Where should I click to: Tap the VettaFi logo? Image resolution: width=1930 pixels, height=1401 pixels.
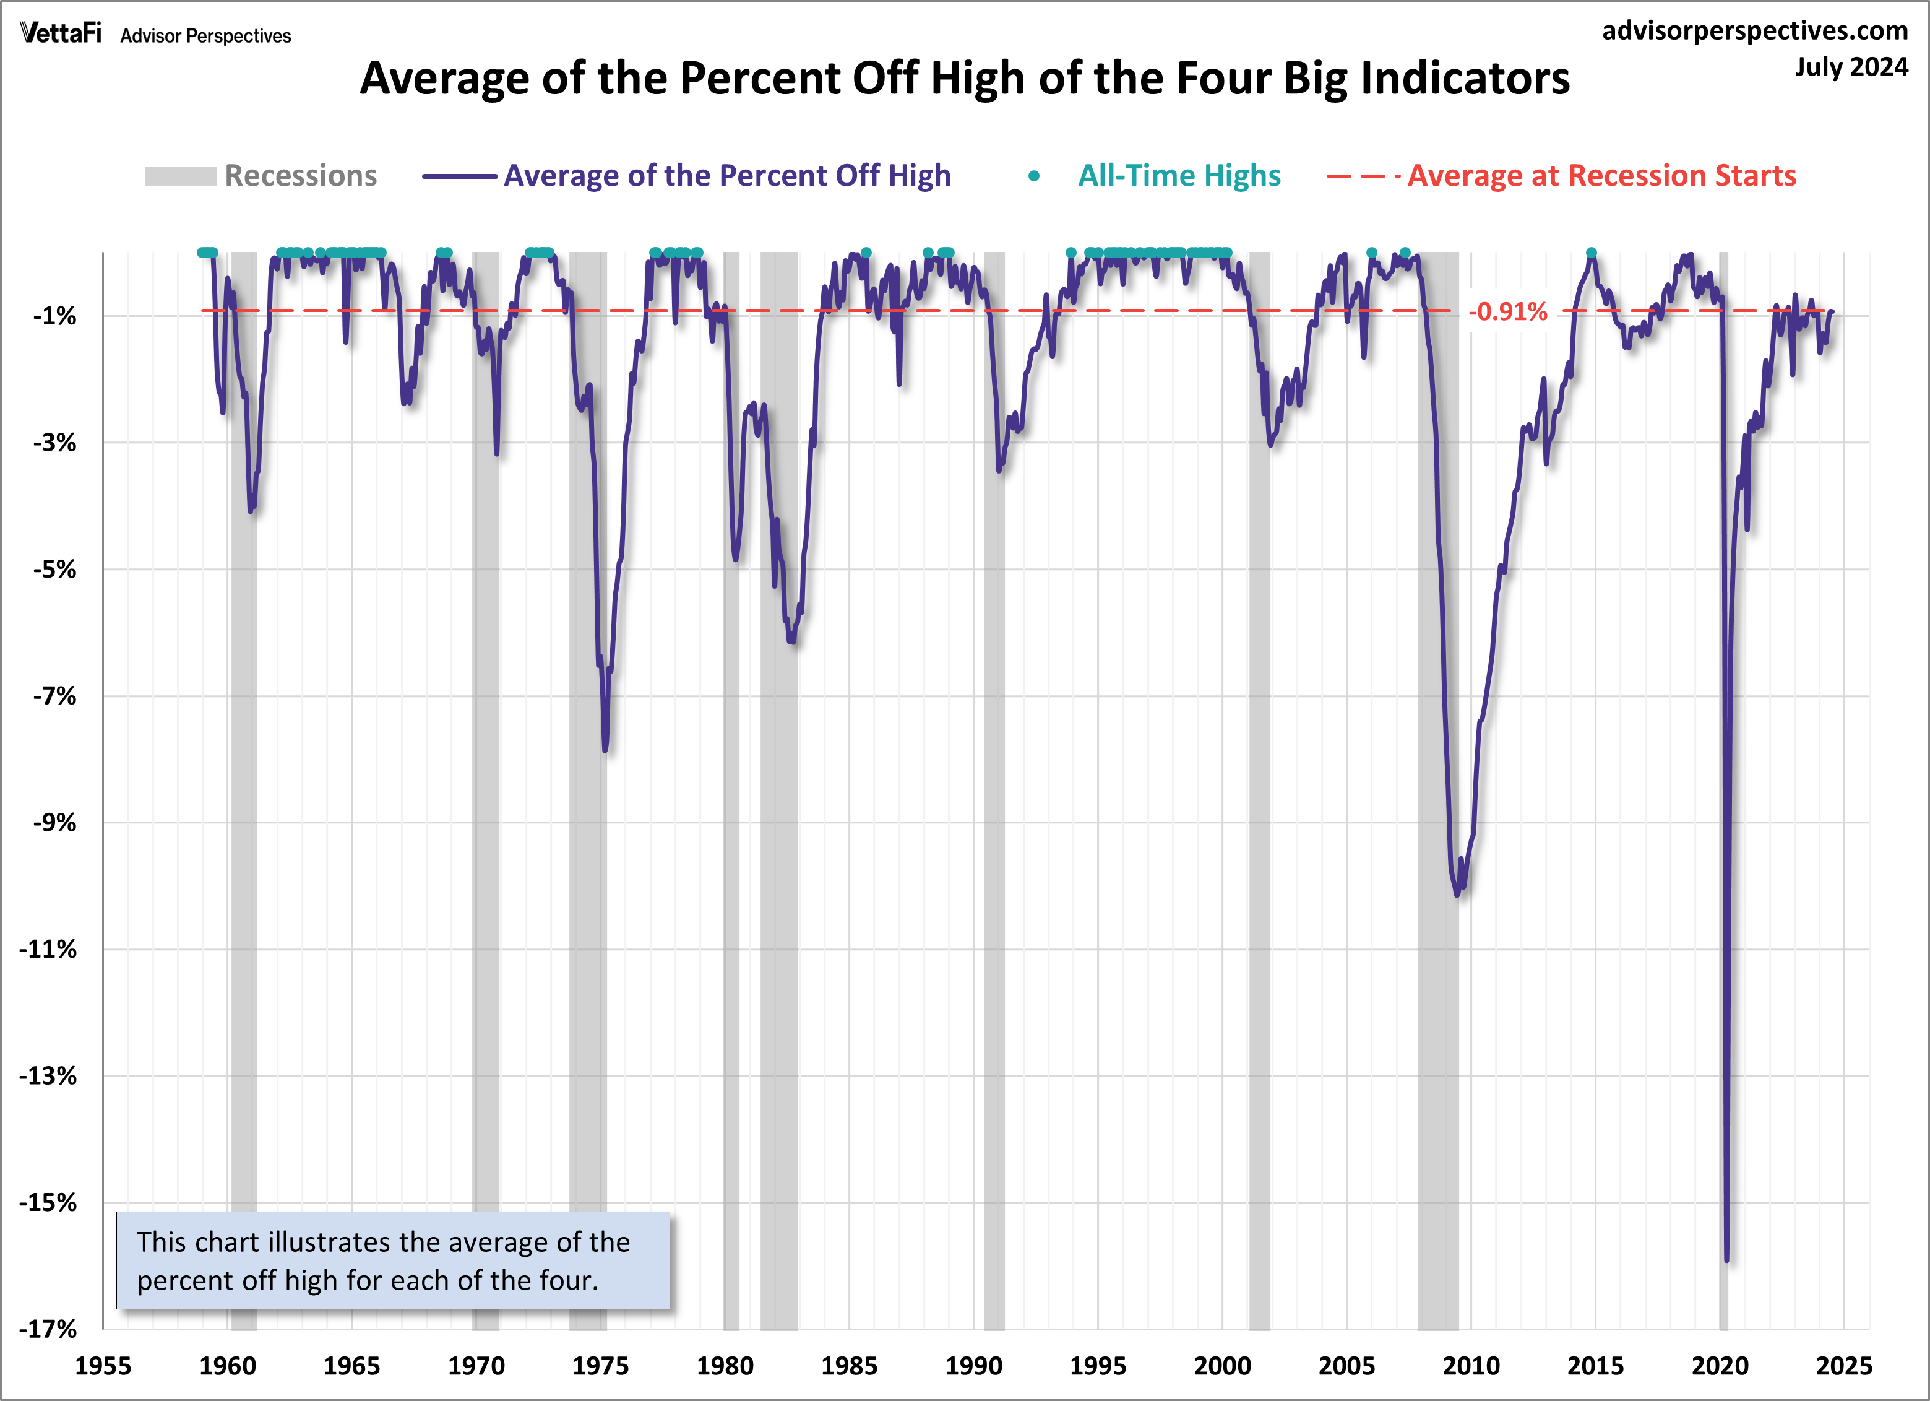click(61, 33)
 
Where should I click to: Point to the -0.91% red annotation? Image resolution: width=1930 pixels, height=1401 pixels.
click(1507, 311)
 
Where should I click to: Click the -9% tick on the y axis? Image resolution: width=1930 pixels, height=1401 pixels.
click(54, 822)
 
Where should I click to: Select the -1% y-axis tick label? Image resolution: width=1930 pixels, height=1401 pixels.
click(54, 316)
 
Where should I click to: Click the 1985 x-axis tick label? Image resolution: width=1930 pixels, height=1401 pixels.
click(848, 1366)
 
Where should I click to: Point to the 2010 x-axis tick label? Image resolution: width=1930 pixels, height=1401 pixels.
click(1470, 1366)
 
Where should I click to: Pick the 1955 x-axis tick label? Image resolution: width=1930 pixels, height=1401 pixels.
click(103, 1366)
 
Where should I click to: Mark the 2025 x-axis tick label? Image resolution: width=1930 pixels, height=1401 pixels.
click(1843, 1366)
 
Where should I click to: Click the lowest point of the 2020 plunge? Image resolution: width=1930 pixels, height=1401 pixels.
click(1726, 1260)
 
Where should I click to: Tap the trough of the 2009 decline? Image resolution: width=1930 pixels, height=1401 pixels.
click(1457, 895)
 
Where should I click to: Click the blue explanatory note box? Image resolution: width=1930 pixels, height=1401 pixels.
click(392, 1260)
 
